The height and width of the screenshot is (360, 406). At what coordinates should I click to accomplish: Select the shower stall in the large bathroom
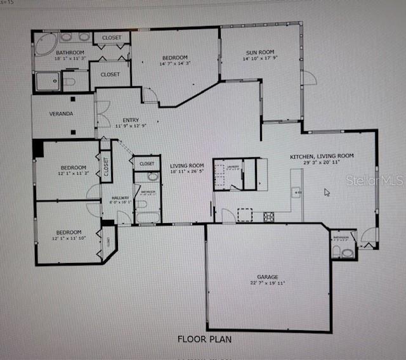point(48,81)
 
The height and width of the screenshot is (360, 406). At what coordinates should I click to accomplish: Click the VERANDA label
point(62,114)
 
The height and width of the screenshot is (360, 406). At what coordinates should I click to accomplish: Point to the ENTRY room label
point(131,119)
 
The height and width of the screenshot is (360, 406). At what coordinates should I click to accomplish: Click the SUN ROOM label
point(260,53)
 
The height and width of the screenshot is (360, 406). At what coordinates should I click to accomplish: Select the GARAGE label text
point(268,277)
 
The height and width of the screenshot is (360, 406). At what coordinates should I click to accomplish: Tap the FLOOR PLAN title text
point(204,339)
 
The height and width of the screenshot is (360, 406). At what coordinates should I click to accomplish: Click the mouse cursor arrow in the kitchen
point(327,191)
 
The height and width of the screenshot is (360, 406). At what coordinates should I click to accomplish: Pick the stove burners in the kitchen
point(269,217)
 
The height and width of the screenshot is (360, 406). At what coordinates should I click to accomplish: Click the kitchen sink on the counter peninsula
point(296,191)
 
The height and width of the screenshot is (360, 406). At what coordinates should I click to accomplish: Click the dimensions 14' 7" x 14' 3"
point(174,63)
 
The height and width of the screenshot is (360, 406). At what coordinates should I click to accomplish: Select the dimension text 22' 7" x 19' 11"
point(268,284)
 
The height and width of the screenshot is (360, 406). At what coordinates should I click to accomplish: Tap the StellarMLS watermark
point(374,181)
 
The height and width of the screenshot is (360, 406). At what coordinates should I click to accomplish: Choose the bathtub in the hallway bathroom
point(148,217)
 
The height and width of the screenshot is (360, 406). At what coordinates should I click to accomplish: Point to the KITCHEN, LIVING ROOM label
point(322,156)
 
